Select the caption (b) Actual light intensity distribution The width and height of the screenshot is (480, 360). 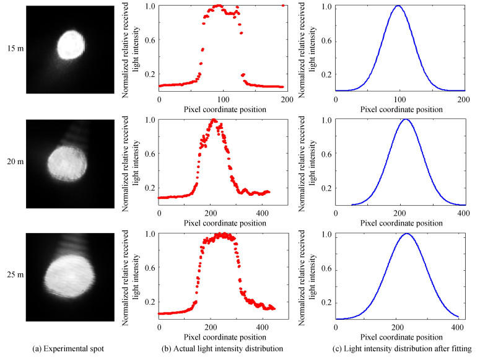click(221, 349)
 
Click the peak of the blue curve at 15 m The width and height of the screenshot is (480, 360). click(398, 6)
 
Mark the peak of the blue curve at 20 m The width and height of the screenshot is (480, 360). click(405, 120)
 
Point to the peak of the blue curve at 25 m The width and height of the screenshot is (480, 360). click(406, 234)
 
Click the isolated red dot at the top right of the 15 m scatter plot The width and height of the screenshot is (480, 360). click(283, 6)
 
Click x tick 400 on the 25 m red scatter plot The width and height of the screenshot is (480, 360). click(262, 327)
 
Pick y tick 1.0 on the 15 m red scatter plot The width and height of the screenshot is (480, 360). click(148, 6)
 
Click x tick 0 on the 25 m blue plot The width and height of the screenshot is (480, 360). click(336, 327)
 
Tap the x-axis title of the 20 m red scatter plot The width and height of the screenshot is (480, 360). click(221, 222)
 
